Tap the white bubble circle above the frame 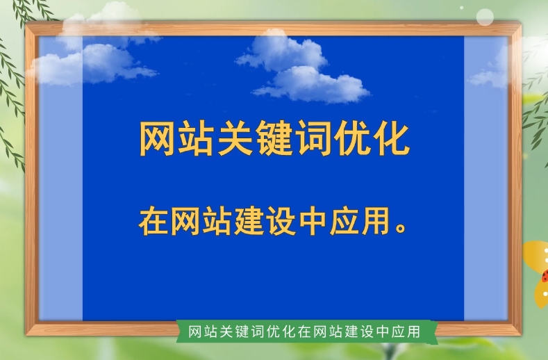(x=485, y=17)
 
